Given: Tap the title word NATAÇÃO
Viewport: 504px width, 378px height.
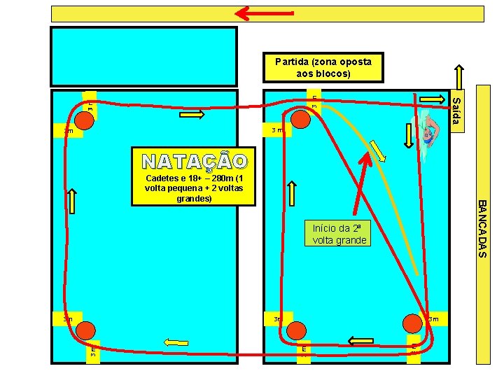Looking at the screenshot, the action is click(194, 162).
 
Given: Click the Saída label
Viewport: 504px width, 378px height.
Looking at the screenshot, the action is click(456, 112).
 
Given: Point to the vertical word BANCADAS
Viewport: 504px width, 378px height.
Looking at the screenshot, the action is click(482, 228).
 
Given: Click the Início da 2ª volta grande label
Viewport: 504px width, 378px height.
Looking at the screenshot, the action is click(339, 234).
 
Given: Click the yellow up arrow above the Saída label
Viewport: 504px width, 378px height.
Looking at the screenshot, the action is click(458, 78).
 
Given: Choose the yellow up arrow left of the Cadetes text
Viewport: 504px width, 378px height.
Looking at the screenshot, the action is click(73, 202).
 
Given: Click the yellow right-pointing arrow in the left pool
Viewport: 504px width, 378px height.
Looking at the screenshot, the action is click(190, 115).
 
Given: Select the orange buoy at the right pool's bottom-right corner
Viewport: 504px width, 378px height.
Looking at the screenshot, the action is click(412, 322).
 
